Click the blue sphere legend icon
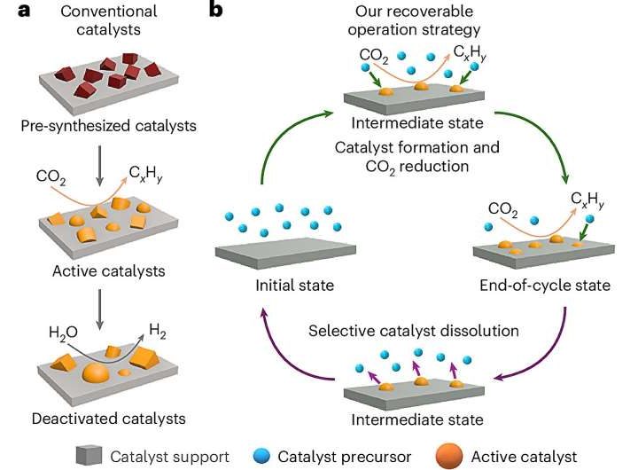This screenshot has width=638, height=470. pyautogui.click(x=261, y=456)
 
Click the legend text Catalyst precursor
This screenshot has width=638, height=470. pyautogui.click(x=346, y=456)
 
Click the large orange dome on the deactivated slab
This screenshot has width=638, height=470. pyautogui.click(x=96, y=371)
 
